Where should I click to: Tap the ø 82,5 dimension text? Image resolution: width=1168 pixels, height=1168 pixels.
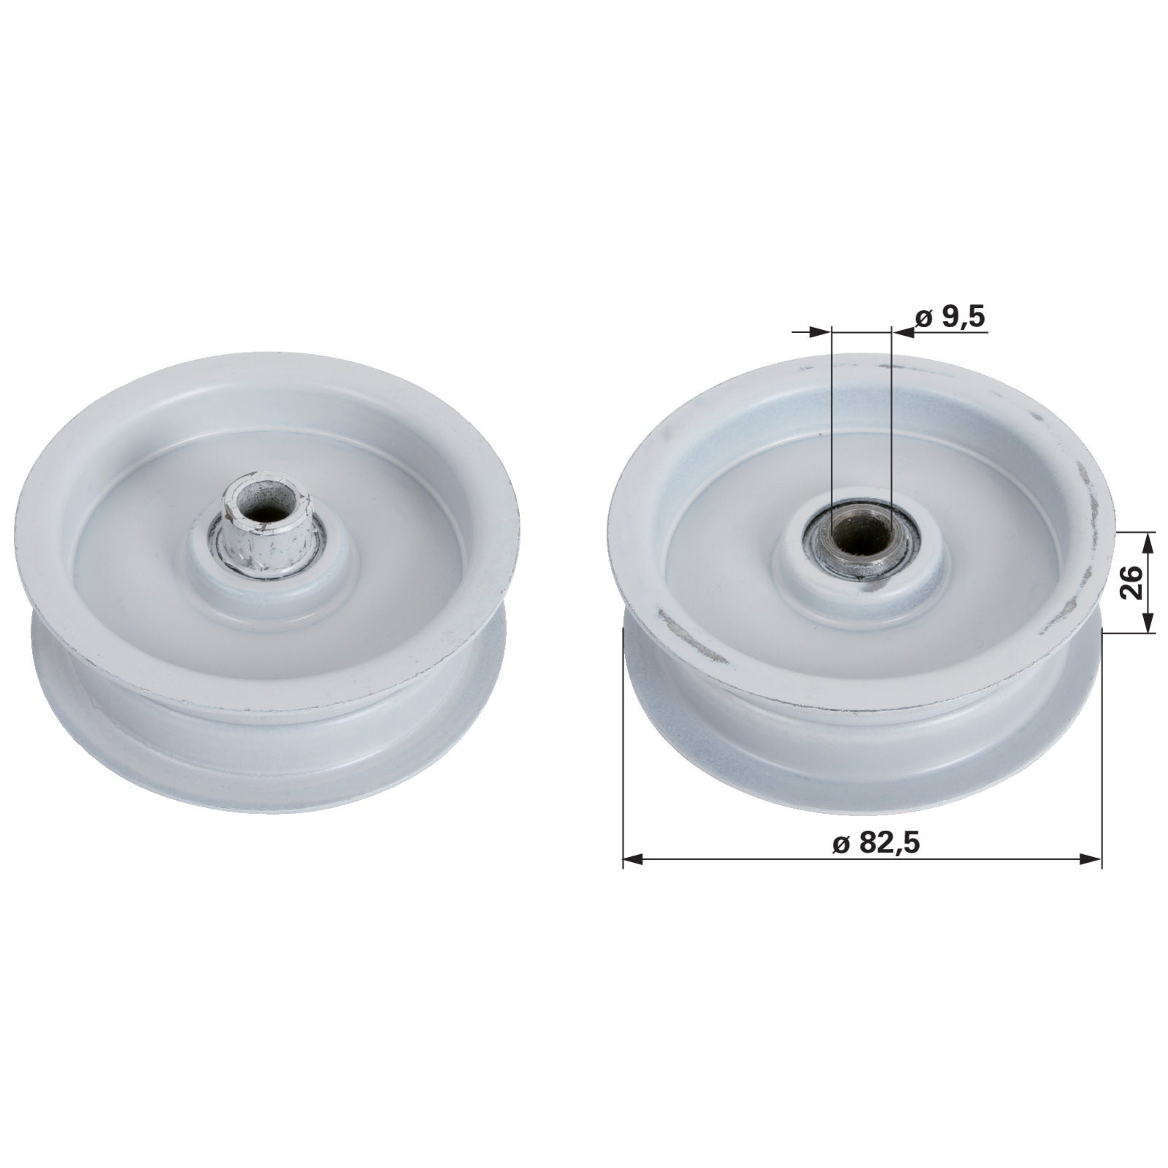click(875, 842)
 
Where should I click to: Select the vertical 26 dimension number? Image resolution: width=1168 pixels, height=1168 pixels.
click(1131, 582)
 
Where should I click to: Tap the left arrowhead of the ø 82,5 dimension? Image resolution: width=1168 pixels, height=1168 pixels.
click(632, 860)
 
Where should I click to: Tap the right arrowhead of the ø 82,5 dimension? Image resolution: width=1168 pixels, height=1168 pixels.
click(1091, 860)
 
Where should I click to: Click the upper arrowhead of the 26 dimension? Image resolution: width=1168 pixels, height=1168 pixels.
click(1149, 542)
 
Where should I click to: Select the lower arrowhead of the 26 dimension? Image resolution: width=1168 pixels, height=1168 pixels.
click(1149, 622)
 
